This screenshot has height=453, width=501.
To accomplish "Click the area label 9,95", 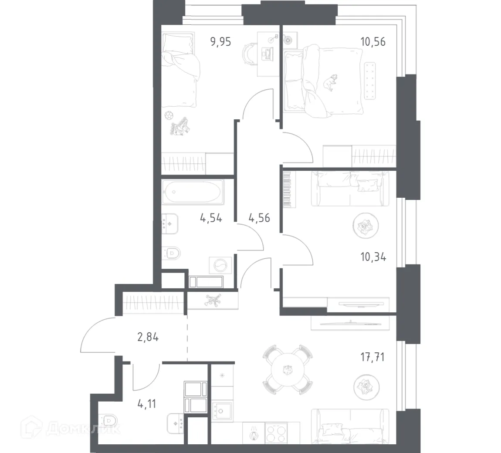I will (x=220, y=42).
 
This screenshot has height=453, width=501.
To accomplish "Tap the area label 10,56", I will (x=373, y=42).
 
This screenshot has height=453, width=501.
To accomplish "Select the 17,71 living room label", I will (x=373, y=358).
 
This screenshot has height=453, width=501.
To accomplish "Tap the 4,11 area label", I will (x=146, y=403).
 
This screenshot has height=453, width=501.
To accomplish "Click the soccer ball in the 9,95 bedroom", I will (x=169, y=116).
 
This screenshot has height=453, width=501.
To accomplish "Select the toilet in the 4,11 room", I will (x=108, y=421).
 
